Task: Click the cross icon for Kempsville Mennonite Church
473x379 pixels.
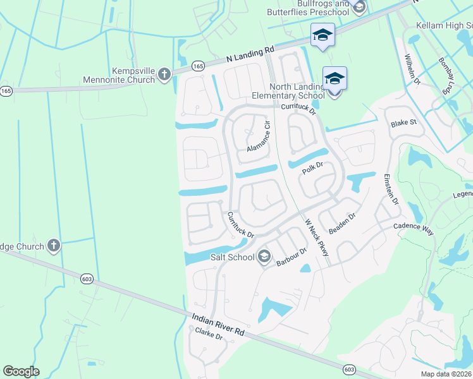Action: point(164,75)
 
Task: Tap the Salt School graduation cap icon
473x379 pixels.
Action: point(264,256)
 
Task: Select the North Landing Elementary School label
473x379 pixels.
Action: point(297,91)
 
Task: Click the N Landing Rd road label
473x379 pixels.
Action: point(250,54)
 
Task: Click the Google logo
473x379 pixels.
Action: point(21,371)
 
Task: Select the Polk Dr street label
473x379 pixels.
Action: point(312,169)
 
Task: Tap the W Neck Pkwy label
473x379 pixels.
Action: point(317,238)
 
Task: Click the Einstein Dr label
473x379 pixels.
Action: point(390,189)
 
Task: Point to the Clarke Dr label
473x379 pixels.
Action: point(209,334)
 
